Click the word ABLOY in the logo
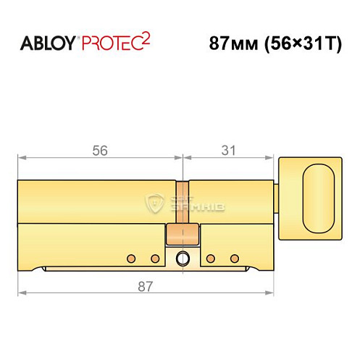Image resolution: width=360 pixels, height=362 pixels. pyautogui.click(x=49, y=43)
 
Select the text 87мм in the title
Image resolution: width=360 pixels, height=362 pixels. pyautogui.click(x=230, y=43)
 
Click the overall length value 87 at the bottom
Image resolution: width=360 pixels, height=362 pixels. pyautogui.click(x=145, y=287)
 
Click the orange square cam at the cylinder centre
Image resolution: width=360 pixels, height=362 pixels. pyautogui.click(x=182, y=235)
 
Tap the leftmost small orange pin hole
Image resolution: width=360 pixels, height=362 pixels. pyautogui.click(x=131, y=258)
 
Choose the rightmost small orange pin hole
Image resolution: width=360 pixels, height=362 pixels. pyautogui.click(x=233, y=258)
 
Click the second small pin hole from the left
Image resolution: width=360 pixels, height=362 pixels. pyautogui.click(x=154, y=258)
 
